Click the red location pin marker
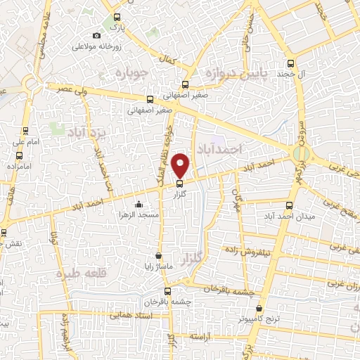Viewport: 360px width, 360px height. [x=181, y=165]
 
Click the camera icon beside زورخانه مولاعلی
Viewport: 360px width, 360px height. [x=97, y=36]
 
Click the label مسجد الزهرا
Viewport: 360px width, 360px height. [x=136, y=213]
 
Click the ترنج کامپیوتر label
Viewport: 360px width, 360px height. [x=259, y=319]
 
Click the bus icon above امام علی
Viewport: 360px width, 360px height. [x=26, y=131]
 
